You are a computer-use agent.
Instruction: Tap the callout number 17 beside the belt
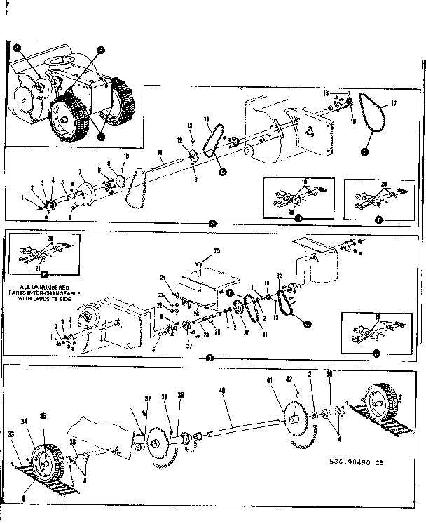[393, 103]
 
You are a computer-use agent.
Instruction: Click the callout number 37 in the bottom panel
[148, 398]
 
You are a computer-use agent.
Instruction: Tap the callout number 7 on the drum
[81, 171]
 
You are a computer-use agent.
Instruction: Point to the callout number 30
[247, 334]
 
